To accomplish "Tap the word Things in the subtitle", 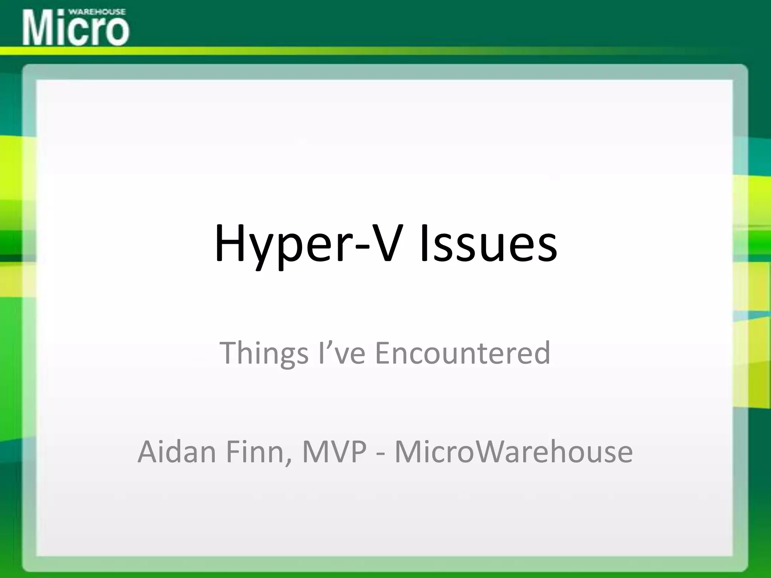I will coord(264,353).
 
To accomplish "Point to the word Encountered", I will coord(463,353).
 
